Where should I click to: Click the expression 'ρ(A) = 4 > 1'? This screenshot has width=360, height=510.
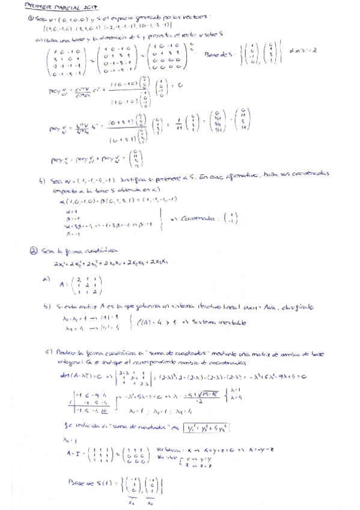coord(151,322)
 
